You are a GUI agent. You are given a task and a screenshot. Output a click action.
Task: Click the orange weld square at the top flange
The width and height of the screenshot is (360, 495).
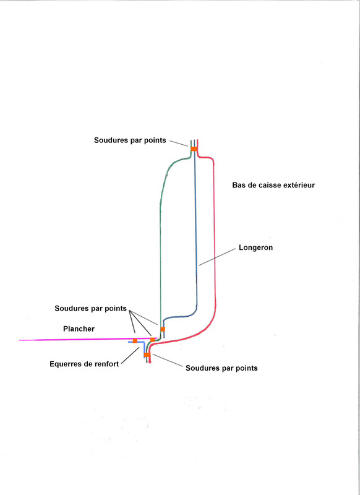(194, 148)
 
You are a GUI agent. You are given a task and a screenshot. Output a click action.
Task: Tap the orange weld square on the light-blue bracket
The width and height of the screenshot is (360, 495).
(135, 341)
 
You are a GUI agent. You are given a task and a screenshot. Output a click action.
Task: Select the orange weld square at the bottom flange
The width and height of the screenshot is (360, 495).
(147, 355)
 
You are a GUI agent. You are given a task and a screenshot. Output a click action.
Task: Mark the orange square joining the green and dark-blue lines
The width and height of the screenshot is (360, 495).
(163, 329)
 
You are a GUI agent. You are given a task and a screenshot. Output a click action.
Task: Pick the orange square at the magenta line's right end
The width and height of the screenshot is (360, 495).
(152, 340)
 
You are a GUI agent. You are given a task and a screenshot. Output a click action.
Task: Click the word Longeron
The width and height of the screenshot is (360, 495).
(255, 248)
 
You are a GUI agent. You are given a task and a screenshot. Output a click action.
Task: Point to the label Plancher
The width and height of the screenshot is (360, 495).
(79, 329)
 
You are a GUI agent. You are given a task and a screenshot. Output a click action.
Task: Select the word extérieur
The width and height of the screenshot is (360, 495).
(299, 185)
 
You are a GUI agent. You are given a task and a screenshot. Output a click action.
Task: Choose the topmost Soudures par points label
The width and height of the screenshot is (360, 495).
(130, 140)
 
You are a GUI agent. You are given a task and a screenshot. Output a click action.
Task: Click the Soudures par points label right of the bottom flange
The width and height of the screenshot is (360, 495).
(221, 368)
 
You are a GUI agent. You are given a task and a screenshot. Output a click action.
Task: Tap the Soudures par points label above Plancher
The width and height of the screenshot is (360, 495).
(90, 308)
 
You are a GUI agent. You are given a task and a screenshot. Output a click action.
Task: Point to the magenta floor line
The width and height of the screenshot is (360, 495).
(88, 339)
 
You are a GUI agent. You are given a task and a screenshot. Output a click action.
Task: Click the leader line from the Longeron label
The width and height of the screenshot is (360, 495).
(217, 257)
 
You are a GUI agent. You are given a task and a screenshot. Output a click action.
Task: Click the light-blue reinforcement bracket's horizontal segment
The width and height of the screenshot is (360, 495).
(136, 342)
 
